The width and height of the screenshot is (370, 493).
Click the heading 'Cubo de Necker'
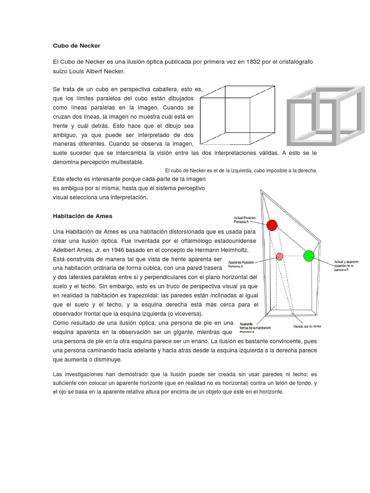point(77,46)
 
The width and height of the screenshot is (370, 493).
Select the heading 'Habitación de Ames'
point(82,216)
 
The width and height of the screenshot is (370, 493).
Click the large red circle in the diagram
point(272,225)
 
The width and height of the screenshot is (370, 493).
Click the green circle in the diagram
point(309,256)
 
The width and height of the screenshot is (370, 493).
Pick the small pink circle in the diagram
point(279,256)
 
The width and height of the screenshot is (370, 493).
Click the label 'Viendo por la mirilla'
point(306,326)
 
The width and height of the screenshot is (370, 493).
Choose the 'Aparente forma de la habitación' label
point(255,328)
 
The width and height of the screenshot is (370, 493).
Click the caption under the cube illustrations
point(241,170)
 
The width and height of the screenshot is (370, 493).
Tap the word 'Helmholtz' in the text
point(231,250)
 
